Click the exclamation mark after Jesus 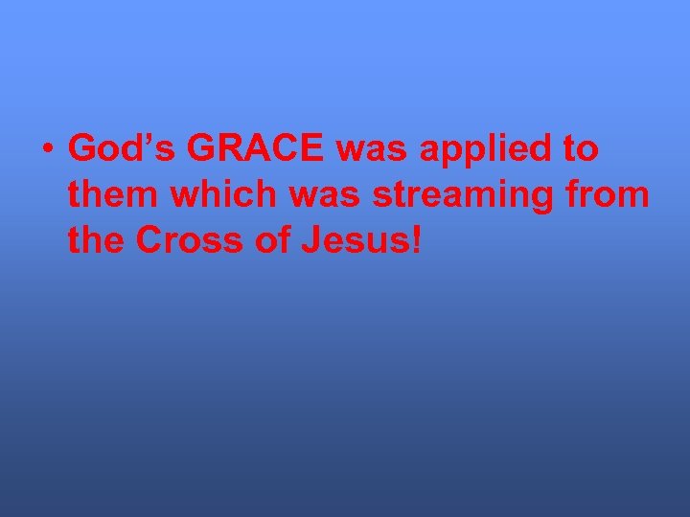tap(414, 241)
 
